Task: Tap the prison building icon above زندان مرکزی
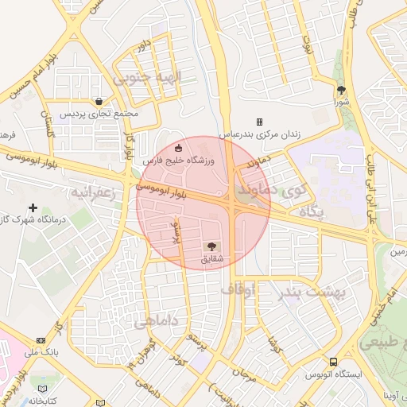tap(259, 122)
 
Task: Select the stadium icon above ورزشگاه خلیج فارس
tap(178, 147)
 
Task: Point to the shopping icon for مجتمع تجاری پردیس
tap(98, 101)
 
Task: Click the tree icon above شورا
tap(342, 90)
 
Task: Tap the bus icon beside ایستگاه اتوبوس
tap(334, 361)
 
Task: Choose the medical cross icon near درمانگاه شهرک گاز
tap(33, 207)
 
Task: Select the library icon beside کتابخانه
tap(43, 389)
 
